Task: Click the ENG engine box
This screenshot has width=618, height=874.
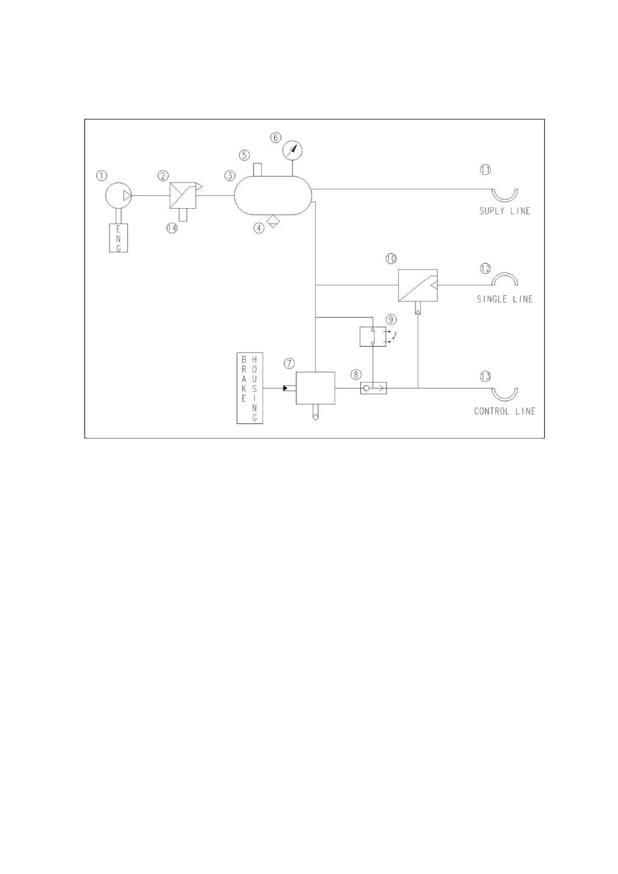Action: (x=118, y=238)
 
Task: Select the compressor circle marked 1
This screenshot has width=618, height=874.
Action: (x=118, y=196)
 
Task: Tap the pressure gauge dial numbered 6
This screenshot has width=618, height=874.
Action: (x=292, y=151)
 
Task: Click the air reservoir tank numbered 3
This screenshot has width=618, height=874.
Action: (x=273, y=196)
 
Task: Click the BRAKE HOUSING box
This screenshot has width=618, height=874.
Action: (x=250, y=389)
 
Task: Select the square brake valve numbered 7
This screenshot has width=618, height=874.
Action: (x=315, y=388)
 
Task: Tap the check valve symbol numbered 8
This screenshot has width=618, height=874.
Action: (x=373, y=388)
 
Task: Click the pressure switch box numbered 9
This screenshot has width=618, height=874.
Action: (x=373, y=336)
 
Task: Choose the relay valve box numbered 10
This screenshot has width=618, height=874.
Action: (x=418, y=285)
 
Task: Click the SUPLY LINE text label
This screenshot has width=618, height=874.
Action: (x=504, y=211)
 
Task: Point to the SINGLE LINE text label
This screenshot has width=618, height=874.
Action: (x=505, y=299)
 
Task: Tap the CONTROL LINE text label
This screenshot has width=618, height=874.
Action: (x=504, y=412)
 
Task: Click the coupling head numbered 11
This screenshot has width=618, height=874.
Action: (x=505, y=195)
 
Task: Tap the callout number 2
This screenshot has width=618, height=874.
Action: (x=164, y=176)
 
